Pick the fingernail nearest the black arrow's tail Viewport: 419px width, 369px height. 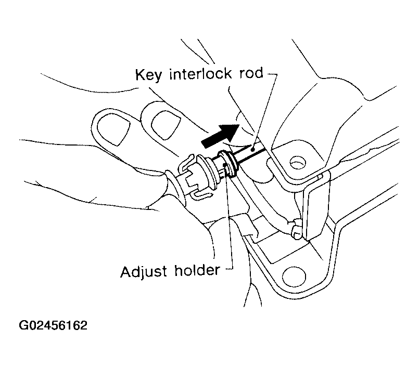tap(161, 120)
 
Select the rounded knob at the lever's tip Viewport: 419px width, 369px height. tap(295, 229)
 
